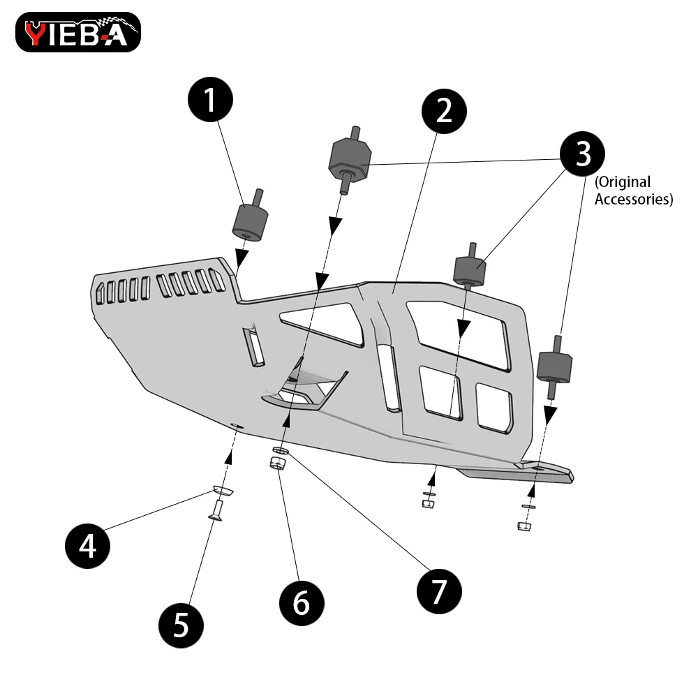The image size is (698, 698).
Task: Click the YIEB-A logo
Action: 77,33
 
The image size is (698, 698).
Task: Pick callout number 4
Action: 88,546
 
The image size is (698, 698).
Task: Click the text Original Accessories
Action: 633,191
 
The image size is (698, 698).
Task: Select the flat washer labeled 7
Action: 281,451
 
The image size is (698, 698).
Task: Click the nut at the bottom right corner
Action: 523,525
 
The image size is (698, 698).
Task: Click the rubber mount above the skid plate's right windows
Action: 470,271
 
